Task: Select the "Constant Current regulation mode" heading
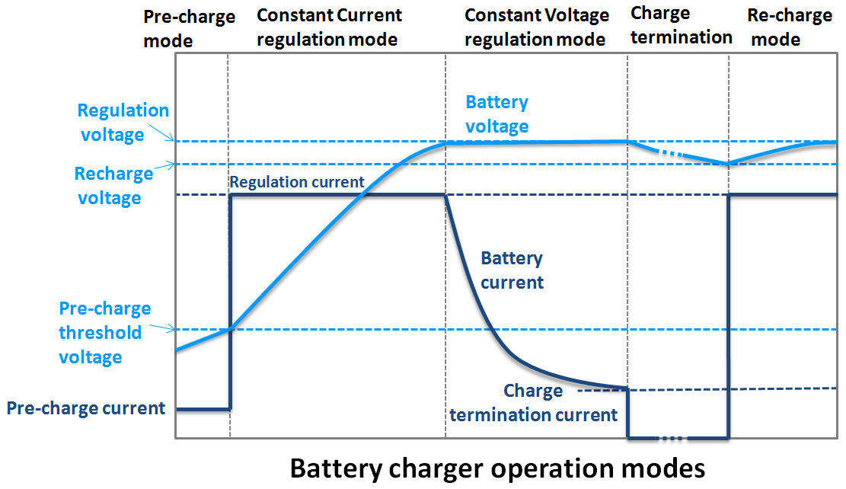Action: [329, 27]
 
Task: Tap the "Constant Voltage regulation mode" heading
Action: [536, 27]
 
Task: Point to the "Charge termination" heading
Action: [681, 25]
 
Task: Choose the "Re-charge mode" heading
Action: [789, 27]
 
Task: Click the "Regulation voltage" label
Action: [123, 123]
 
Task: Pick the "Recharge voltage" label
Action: [113, 186]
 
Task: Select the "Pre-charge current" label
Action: [86, 408]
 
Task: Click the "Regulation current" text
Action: [297, 183]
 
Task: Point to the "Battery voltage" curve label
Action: [496, 114]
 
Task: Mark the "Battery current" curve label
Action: [512, 270]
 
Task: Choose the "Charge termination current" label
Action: [533, 403]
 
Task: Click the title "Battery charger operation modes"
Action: [497, 467]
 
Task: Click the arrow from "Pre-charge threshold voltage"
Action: [162, 328]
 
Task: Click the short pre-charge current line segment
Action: [203, 409]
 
